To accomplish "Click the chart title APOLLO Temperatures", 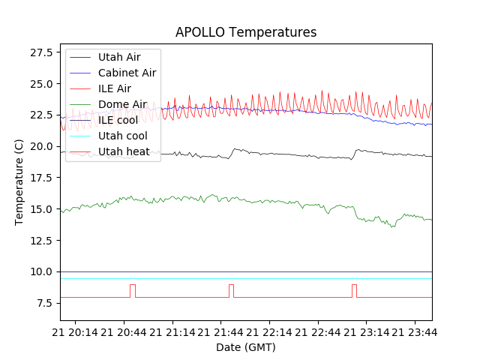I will [x=246, y=32].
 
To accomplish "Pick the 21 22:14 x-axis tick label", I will [x=268, y=331].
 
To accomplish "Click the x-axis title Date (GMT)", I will [x=246, y=347].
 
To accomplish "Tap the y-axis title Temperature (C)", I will [x=19, y=182].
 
